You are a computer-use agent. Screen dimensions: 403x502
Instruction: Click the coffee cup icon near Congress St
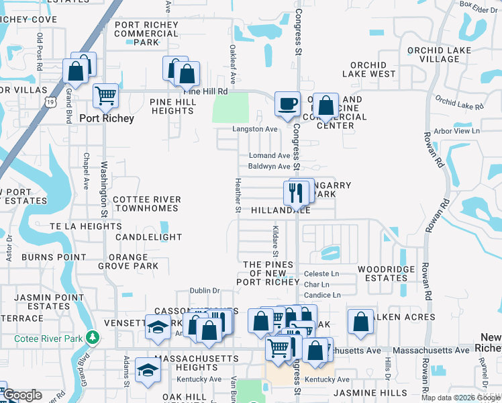point(288,105)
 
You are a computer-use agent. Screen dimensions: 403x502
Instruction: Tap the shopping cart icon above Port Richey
point(105,95)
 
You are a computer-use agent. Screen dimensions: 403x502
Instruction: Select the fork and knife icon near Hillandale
point(297,192)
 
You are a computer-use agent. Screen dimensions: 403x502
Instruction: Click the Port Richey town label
point(107,118)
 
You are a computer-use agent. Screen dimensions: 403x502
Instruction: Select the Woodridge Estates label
point(382,273)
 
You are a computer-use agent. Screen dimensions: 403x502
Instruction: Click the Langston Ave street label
point(254,129)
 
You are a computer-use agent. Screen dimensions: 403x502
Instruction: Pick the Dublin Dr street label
point(205,291)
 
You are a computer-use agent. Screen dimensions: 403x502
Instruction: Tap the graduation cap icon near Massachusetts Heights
point(148,370)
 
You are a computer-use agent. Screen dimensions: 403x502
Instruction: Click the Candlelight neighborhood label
point(148,237)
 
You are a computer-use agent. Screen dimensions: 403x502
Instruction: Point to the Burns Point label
point(54,257)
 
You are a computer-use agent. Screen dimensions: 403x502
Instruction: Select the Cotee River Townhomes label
point(147,205)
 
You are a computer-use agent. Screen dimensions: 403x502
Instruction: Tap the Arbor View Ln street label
point(459,131)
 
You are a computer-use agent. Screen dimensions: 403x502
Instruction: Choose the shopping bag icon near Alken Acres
point(360,322)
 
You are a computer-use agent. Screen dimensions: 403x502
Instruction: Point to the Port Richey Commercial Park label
point(147,34)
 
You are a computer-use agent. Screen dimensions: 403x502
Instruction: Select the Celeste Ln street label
point(321,274)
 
